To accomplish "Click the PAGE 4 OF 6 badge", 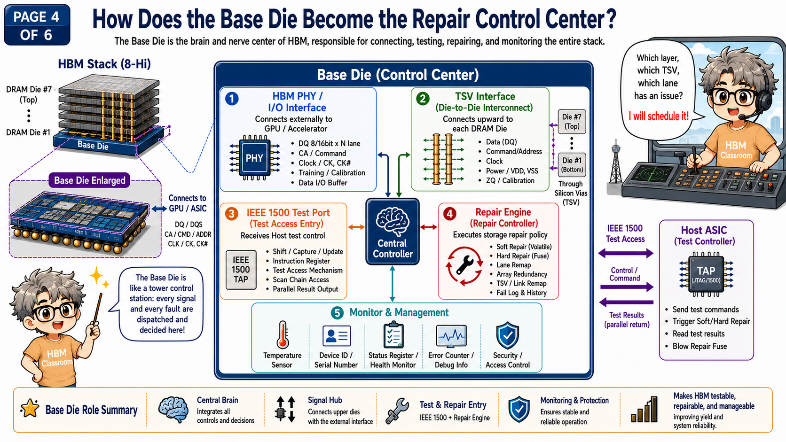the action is [37, 25].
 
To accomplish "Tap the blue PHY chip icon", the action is [254, 158].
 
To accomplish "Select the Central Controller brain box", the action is [393, 232].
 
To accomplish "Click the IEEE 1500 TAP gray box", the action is [241, 270].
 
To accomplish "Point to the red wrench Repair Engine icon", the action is [464, 265].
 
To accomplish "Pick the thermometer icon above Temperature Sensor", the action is [283, 334].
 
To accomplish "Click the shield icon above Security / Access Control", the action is [507, 335].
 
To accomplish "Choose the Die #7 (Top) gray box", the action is [572, 121].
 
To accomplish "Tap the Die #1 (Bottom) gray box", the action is [572, 165].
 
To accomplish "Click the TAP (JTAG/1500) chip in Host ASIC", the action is [706, 274].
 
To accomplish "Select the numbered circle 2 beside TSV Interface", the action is [423, 99].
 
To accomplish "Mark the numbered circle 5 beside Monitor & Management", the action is [337, 313].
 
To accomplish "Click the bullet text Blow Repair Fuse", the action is [700, 346].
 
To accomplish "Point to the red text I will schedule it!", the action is [658, 116].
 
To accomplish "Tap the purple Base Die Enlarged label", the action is [89, 180].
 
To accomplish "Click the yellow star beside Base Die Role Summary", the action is [30, 409].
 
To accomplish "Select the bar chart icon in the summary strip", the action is [644, 409].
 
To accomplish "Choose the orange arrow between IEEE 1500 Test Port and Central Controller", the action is [356, 227].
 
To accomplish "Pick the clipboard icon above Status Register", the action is [393, 335].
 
